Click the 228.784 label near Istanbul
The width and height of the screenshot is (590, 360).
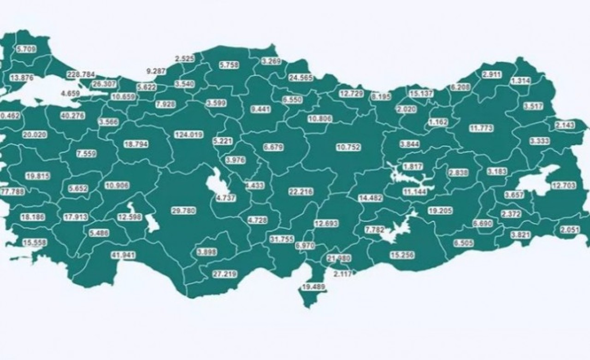(81, 74)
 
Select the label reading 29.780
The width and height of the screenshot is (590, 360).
(183, 210)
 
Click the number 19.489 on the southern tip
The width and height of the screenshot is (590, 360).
(314, 287)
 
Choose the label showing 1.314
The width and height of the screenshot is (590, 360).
(520, 80)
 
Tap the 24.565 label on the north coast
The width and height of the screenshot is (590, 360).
(301, 78)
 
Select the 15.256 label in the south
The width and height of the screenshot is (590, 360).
(401, 254)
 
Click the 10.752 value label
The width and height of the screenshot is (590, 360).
(348, 148)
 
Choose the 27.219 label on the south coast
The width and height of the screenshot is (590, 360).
(224, 274)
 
